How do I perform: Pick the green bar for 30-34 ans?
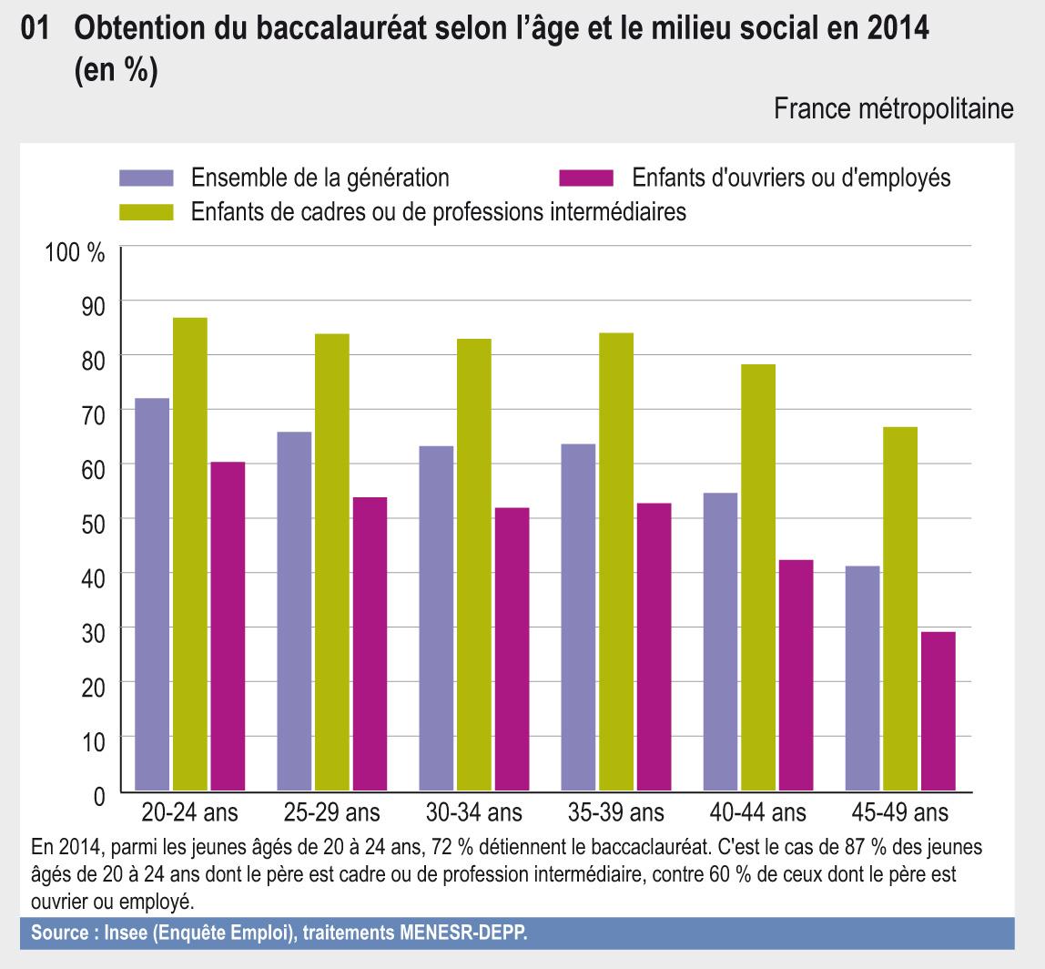pos(473,565)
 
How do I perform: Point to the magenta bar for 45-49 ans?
pos(938,711)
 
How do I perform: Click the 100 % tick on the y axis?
pos(75,253)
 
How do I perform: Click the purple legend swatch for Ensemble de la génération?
pos(147,177)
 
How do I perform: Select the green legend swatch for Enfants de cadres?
pos(147,212)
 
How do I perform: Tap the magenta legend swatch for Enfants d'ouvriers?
pos(588,177)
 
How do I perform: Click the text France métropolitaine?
pos(893,109)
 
